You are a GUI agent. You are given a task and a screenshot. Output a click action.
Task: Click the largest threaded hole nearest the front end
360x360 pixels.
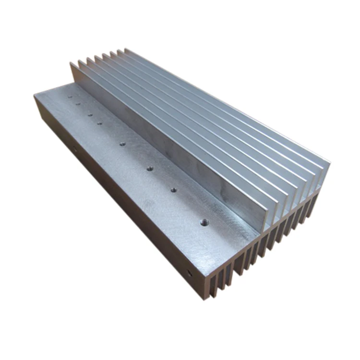click(204, 222)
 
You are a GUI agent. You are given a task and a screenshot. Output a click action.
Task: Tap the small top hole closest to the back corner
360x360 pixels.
click(70, 96)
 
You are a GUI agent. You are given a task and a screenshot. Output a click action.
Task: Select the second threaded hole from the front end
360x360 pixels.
click(173, 190)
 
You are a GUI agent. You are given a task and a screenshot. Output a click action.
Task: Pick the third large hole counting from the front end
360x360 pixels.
click(150, 168)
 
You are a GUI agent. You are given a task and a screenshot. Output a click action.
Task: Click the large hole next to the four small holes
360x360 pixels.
click(122, 144)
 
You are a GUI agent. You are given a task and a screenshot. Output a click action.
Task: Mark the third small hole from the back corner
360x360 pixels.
click(89, 114)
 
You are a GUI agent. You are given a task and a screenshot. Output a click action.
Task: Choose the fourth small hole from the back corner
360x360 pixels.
click(99, 123)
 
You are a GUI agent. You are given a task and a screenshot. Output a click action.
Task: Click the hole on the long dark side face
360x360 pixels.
click(74, 150)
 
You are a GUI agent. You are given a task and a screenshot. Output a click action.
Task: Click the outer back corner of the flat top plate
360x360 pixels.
click(35, 95)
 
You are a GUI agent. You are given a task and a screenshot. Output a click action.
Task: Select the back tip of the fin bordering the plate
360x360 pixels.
click(72, 63)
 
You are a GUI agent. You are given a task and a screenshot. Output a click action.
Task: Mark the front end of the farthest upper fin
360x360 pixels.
click(329, 162)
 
